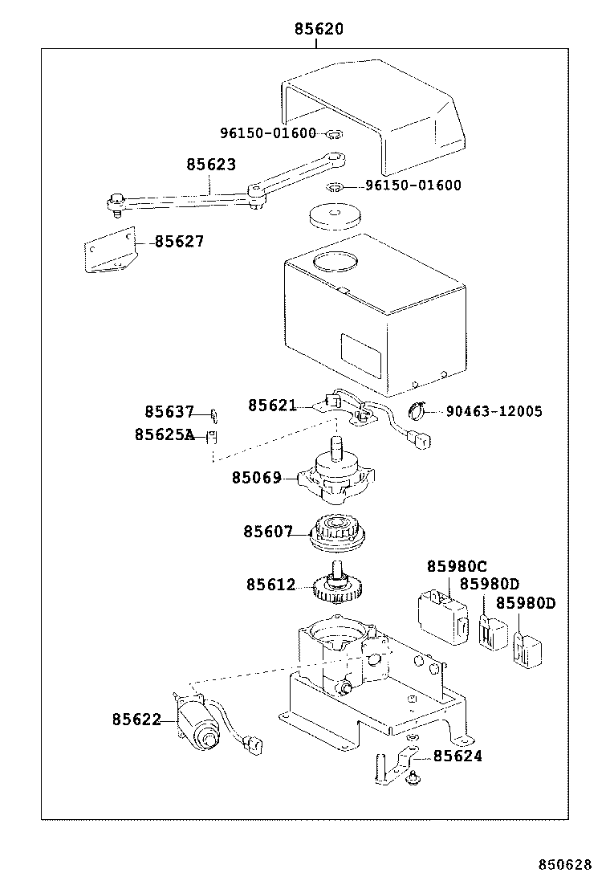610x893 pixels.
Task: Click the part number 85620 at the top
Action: [x=319, y=30]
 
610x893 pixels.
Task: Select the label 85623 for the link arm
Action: [x=211, y=165]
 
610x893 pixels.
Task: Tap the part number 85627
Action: [x=179, y=241]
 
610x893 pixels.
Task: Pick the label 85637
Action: [x=169, y=412]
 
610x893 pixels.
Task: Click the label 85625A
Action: [x=165, y=434]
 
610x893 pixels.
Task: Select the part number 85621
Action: [x=272, y=406]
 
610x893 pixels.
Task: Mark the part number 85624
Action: [x=458, y=756]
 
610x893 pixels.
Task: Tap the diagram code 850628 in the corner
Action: [x=564, y=865]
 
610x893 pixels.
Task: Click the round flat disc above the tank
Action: [x=334, y=216]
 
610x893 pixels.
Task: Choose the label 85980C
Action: [x=457, y=566]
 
